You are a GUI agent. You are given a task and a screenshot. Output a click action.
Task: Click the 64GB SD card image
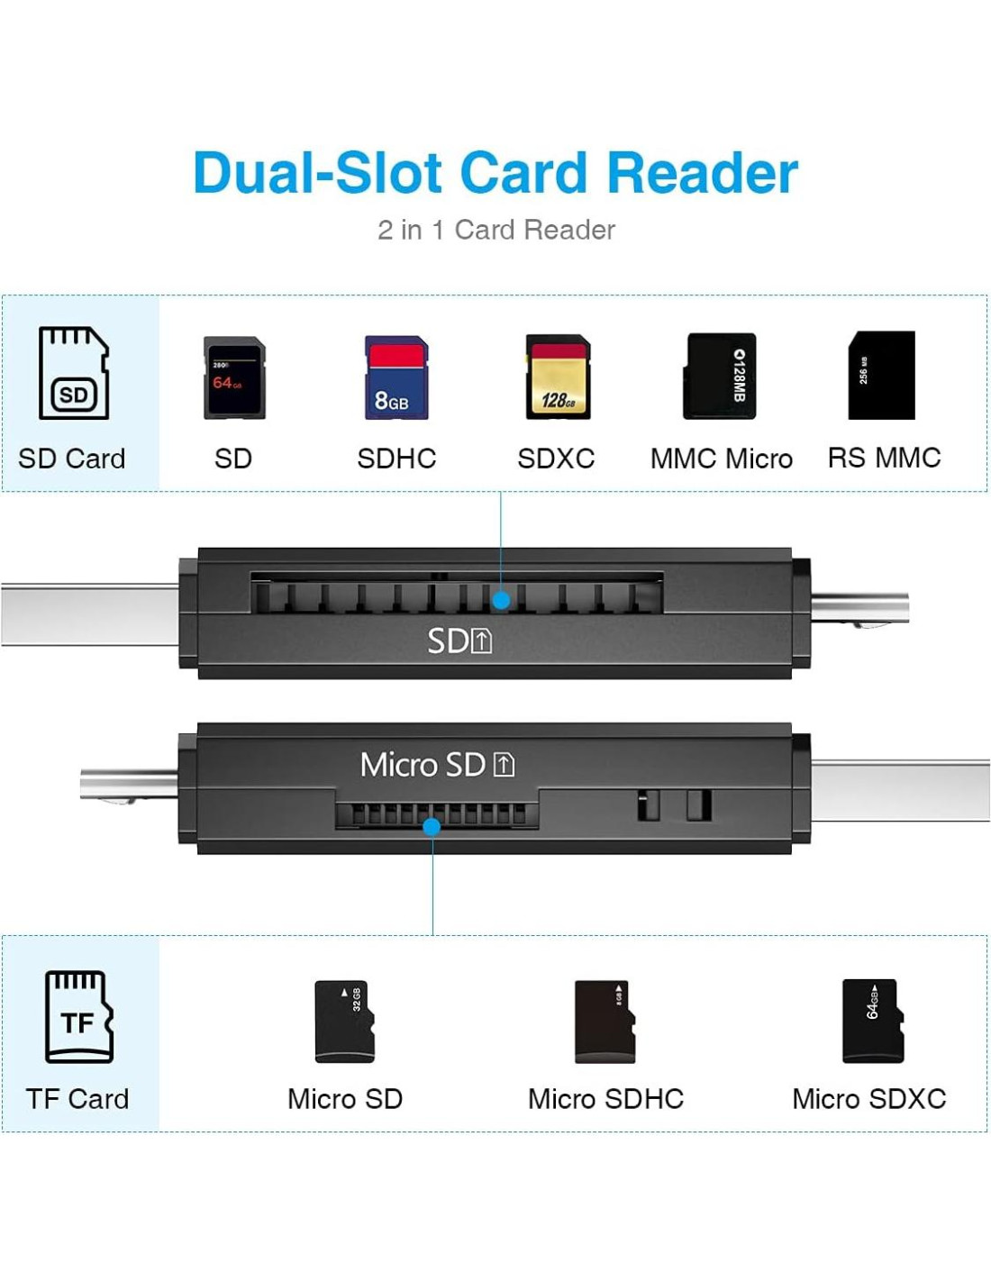(x=234, y=377)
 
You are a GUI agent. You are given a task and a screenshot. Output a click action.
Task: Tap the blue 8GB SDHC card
(x=396, y=377)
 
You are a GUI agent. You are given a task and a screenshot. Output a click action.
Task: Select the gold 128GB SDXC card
(x=558, y=377)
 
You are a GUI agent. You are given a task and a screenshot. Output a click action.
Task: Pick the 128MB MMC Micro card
(x=720, y=376)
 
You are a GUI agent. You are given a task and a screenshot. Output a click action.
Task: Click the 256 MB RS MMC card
(x=881, y=375)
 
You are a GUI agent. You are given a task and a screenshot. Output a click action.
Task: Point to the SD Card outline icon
(x=74, y=373)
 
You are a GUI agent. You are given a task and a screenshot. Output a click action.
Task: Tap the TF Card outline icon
(x=79, y=1016)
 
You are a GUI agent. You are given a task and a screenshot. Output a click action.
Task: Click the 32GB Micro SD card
(x=344, y=1022)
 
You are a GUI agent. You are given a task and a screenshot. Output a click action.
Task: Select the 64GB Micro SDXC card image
(x=872, y=1021)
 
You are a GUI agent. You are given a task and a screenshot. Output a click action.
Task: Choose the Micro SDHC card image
(x=605, y=1022)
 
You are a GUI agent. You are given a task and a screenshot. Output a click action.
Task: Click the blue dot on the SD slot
(x=502, y=599)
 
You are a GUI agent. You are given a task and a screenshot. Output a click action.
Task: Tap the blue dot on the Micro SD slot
(x=432, y=826)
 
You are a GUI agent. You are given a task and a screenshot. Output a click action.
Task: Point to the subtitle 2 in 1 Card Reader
(x=496, y=231)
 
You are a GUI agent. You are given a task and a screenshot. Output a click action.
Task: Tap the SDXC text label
(x=556, y=459)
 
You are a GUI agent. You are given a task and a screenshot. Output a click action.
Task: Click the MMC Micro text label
(x=721, y=459)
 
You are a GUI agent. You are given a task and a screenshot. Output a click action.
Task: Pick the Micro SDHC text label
(x=605, y=1099)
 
